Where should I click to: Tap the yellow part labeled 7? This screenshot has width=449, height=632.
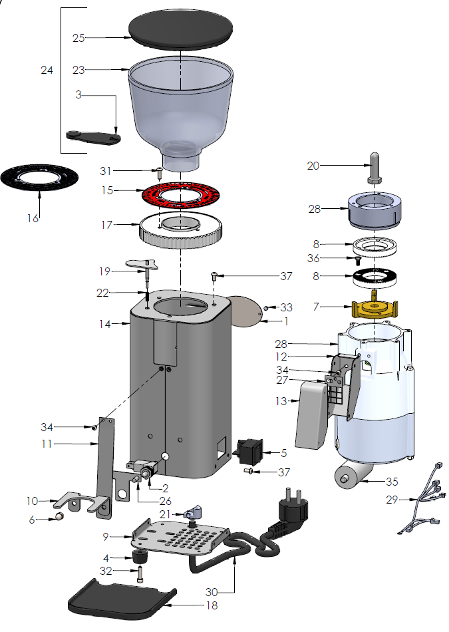[x=375, y=309]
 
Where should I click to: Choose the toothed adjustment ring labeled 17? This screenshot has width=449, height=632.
[x=181, y=230]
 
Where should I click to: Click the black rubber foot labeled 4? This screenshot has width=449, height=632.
[x=140, y=557]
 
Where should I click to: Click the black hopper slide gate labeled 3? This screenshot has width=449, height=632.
[x=93, y=136]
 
